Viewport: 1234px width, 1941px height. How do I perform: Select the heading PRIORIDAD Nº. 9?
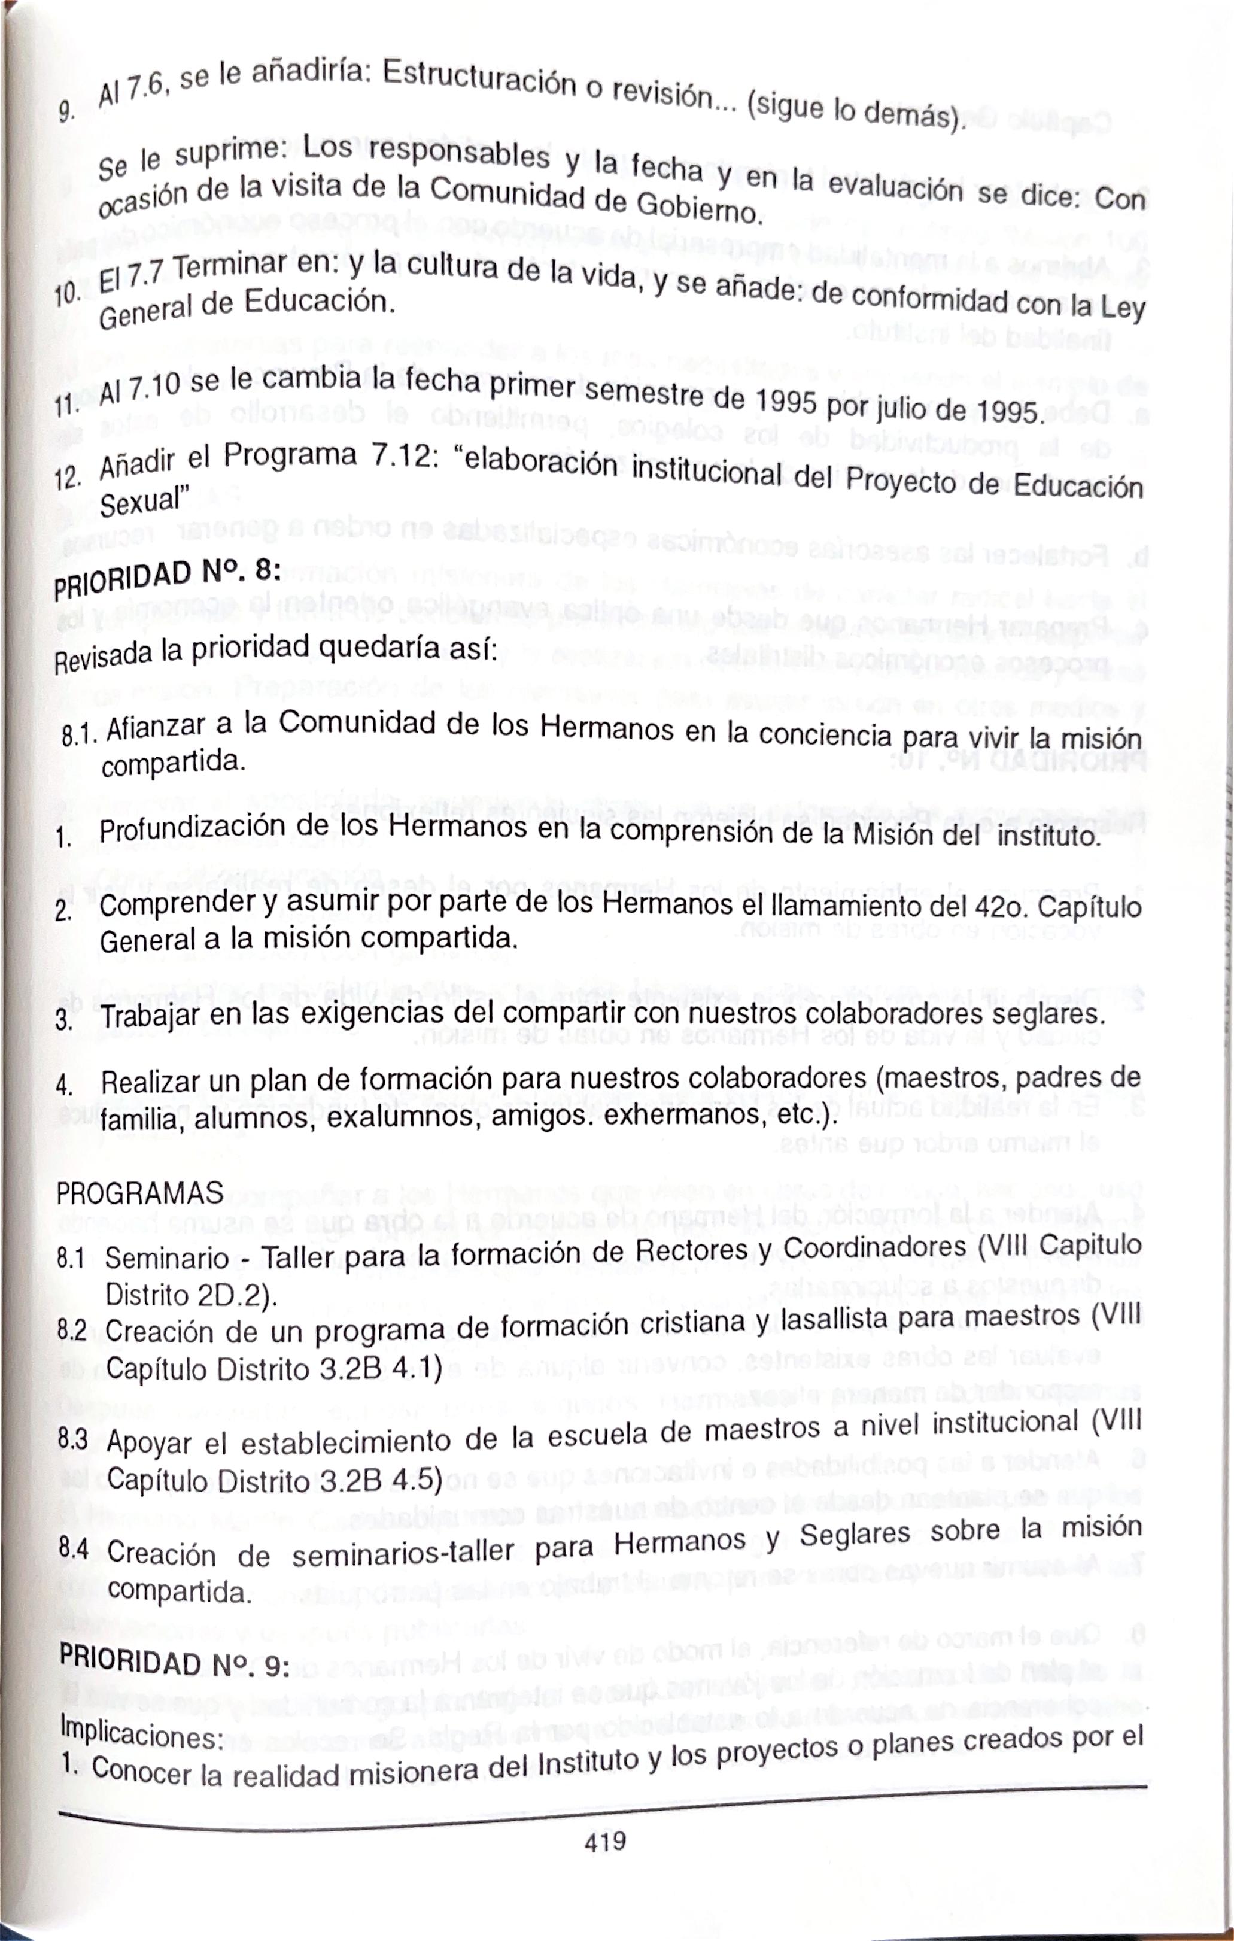coord(174,1662)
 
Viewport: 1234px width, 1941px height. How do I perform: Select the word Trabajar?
coord(151,1016)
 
